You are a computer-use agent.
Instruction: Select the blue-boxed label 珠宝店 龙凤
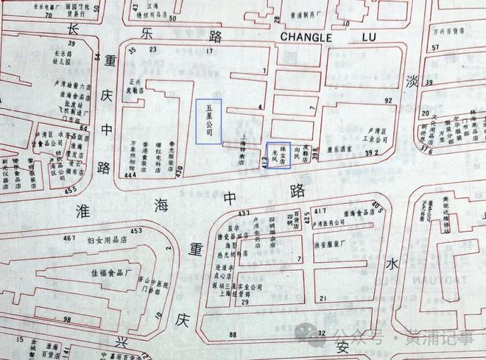click(x=278, y=154)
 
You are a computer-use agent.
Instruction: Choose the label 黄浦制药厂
click(x=325, y=13)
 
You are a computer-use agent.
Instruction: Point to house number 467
click(x=70, y=239)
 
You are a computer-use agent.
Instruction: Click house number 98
click(x=67, y=319)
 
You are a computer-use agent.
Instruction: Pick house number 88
click(x=233, y=335)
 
